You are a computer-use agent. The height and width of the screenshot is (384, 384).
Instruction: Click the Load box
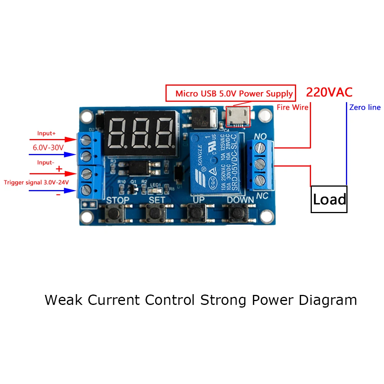click(x=329, y=199)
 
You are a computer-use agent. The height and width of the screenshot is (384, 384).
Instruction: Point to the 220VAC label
click(x=329, y=93)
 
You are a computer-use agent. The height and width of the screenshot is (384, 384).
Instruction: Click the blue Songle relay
click(x=216, y=161)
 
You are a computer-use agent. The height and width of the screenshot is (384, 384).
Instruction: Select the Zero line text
click(x=365, y=108)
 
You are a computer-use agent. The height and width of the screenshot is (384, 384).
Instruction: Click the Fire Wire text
click(x=293, y=108)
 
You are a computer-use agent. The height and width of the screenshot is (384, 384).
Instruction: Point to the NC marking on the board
click(x=262, y=195)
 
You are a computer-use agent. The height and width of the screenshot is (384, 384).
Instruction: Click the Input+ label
click(x=46, y=133)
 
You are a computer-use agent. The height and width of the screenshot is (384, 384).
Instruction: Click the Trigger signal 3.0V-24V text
click(x=36, y=182)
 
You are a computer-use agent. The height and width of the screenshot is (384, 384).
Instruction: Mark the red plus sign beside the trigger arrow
click(x=59, y=169)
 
